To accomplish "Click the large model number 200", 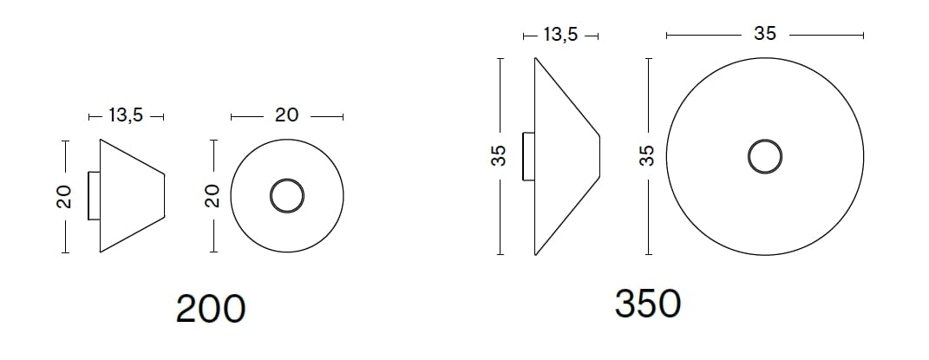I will [x=210, y=309].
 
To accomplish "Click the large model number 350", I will [x=647, y=304].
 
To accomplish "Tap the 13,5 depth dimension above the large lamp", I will [x=561, y=36].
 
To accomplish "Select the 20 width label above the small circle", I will [x=286, y=115].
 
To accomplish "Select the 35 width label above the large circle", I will [x=764, y=35].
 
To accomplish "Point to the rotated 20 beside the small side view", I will [x=63, y=198].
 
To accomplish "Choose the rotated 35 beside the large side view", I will [x=499, y=157].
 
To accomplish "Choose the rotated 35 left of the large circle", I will [x=646, y=157].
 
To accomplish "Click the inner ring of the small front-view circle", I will [x=286, y=196].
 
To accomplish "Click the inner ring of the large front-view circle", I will [x=764, y=157].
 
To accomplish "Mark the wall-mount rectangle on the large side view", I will [x=528, y=156].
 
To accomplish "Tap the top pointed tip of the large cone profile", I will [x=535, y=58].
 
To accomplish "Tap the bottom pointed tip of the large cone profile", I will [x=535, y=255].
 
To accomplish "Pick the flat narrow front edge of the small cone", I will [x=165, y=196].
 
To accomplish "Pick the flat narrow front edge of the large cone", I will [x=600, y=156].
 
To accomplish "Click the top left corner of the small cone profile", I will [x=101, y=139].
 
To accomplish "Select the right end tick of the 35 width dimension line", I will [x=863, y=36].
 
